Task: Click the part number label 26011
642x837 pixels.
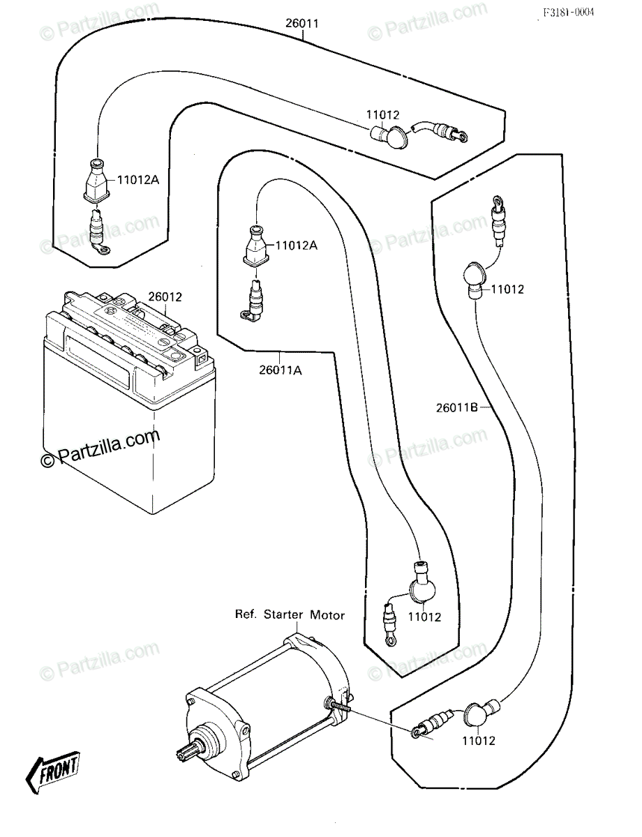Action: click(x=301, y=24)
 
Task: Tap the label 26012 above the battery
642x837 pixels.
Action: click(x=165, y=297)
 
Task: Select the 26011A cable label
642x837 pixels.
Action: click(x=280, y=370)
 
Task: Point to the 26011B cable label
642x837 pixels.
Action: click(x=456, y=407)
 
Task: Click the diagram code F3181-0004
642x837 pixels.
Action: click(x=569, y=13)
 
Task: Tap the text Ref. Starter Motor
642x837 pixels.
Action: click(x=290, y=614)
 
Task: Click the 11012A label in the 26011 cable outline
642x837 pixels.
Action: click(x=138, y=180)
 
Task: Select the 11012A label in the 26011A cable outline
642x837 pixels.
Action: click(x=297, y=246)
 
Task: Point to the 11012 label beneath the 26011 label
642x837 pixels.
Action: click(x=382, y=115)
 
